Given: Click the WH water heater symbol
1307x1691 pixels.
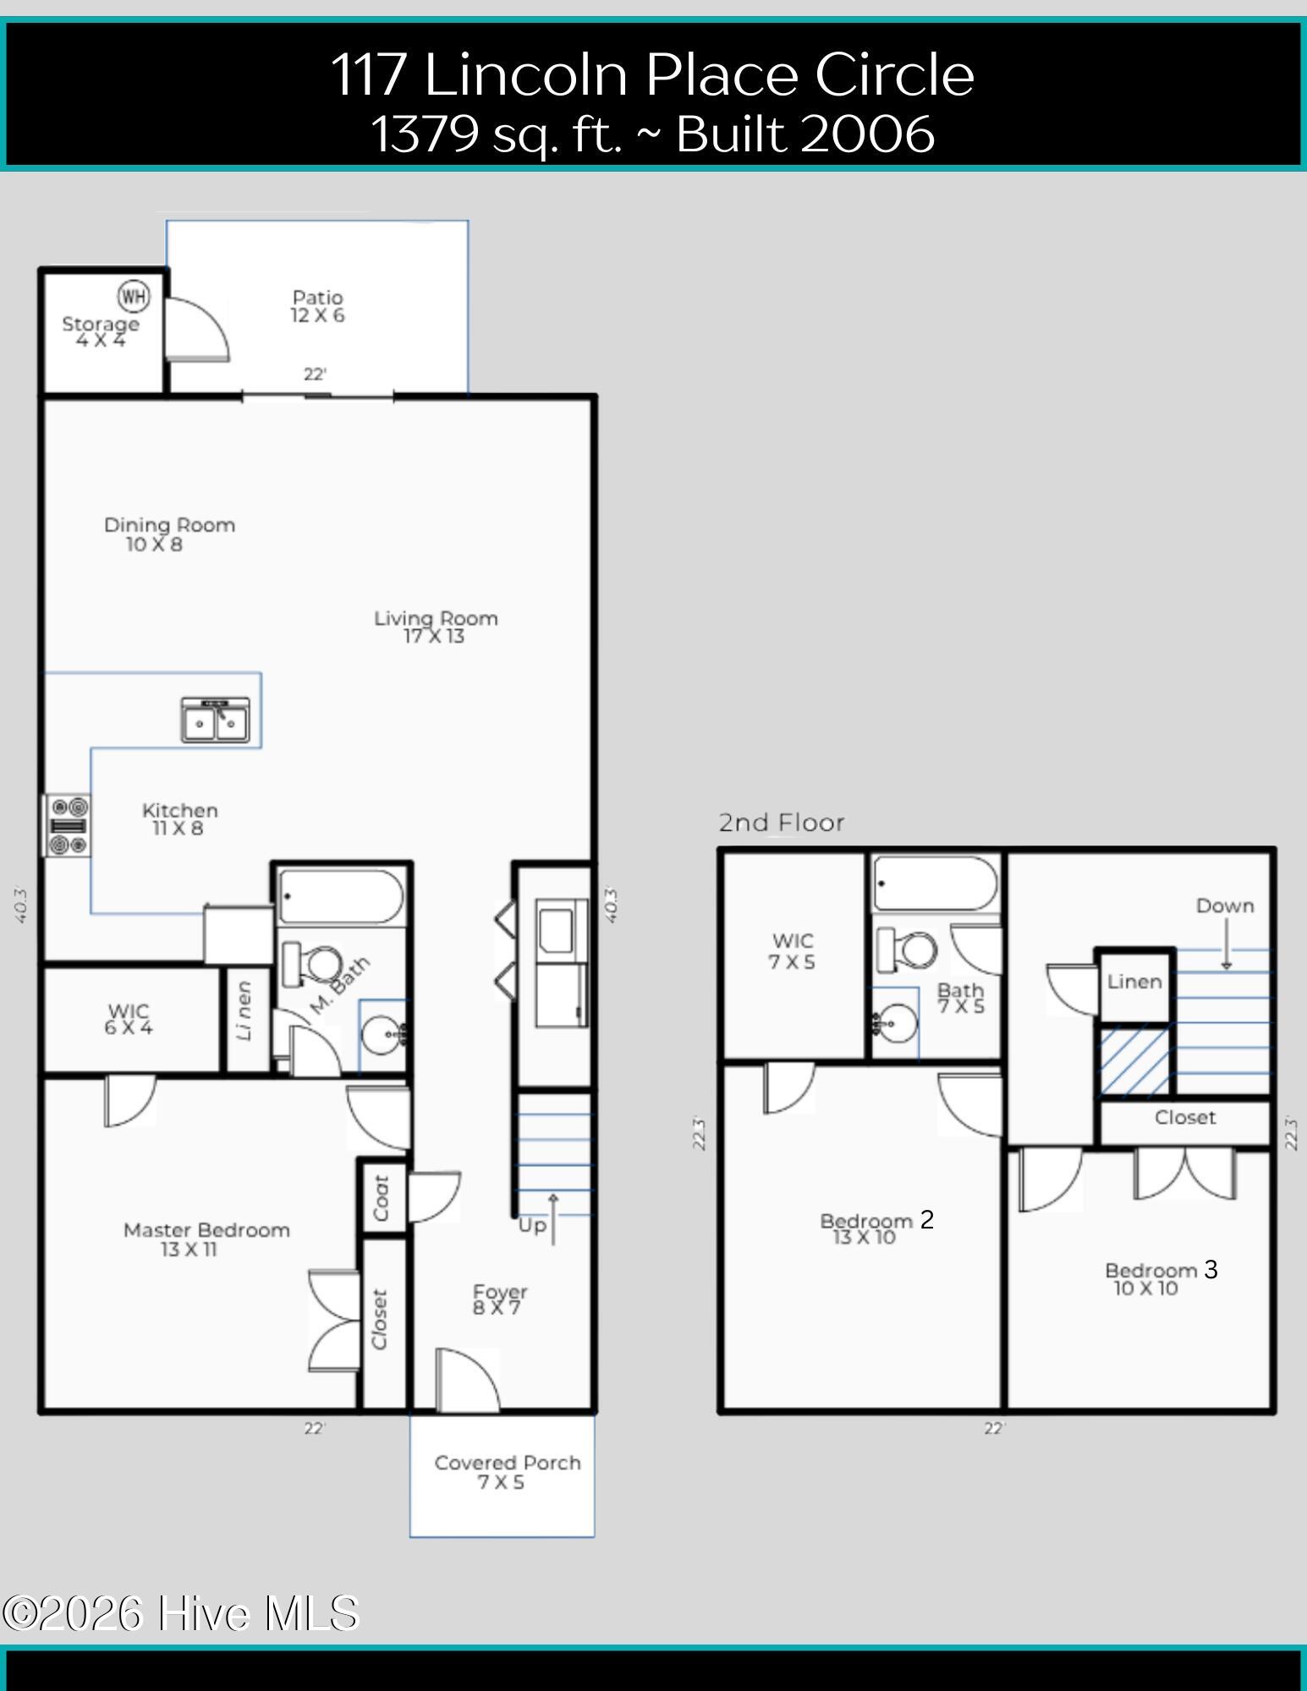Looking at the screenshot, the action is tap(134, 296).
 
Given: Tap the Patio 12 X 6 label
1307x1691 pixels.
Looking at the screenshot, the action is tap(318, 306).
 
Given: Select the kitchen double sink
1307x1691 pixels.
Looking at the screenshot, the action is tap(216, 720).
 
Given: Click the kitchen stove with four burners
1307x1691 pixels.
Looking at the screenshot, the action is tap(68, 825).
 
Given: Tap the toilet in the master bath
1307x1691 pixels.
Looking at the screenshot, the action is tap(311, 964).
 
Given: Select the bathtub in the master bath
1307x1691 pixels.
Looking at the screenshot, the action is tap(341, 896).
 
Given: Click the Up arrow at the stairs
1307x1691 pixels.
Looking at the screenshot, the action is tap(553, 1218).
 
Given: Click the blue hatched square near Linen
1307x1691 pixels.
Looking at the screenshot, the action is tap(1134, 1060).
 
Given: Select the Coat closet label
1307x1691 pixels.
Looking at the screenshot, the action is tap(381, 1197).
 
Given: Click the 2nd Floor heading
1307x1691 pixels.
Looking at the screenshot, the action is tap(782, 822).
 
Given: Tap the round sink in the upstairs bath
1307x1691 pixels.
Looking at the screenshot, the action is tap(895, 1024).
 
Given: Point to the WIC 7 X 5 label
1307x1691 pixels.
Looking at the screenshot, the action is tap(793, 951).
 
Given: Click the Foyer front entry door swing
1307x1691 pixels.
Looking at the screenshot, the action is tap(468, 1380).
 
